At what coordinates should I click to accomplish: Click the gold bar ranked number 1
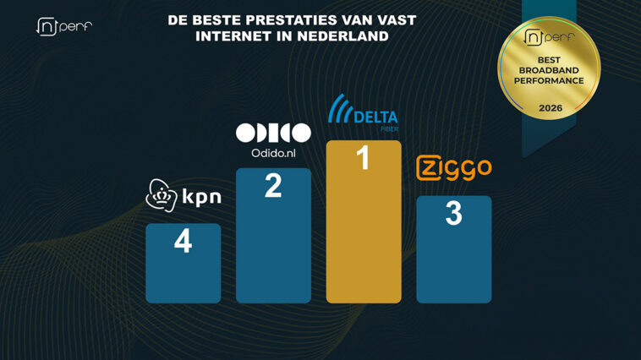pos(364,221)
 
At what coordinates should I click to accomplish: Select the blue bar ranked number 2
pos(273,236)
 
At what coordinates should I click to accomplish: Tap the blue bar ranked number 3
pos(454,249)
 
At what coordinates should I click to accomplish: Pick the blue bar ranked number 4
pos(184,263)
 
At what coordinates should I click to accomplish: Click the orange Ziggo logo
pos(454,167)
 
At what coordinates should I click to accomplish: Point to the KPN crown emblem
pos(162,195)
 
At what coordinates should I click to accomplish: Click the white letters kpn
pos(201,198)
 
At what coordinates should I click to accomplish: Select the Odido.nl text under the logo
pos(273,153)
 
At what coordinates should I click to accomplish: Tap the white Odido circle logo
pos(273,133)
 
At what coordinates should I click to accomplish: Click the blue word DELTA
pos(375,117)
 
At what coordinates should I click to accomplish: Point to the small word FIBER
pos(389,129)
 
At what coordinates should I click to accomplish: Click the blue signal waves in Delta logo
pos(341,108)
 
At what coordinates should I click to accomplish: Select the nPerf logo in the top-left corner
pos(64,26)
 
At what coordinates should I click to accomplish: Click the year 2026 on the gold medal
pos(551,108)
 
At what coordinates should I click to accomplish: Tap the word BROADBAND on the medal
pos(549,70)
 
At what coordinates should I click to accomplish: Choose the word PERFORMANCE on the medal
pos(549,81)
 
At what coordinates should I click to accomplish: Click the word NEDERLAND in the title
pos(342,36)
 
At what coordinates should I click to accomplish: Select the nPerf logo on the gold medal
pos(549,37)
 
